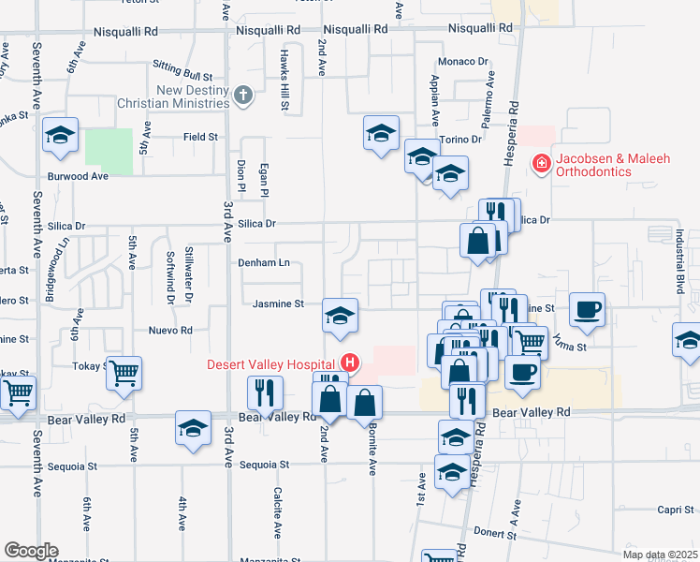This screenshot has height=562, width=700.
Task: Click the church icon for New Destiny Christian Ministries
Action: (x=243, y=95)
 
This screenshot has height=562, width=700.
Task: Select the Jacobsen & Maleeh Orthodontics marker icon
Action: (x=540, y=165)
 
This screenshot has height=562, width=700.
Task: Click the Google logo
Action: (x=30, y=551)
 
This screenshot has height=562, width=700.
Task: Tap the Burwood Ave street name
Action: (x=80, y=175)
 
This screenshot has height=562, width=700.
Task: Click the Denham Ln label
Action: (x=263, y=263)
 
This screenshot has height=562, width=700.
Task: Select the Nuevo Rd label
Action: (x=170, y=331)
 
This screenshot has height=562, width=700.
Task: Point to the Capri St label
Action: (x=674, y=510)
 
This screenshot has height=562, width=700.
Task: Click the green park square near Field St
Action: (x=109, y=151)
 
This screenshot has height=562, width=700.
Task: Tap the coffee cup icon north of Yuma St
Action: (x=587, y=308)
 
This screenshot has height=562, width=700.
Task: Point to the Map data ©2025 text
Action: (x=660, y=555)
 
